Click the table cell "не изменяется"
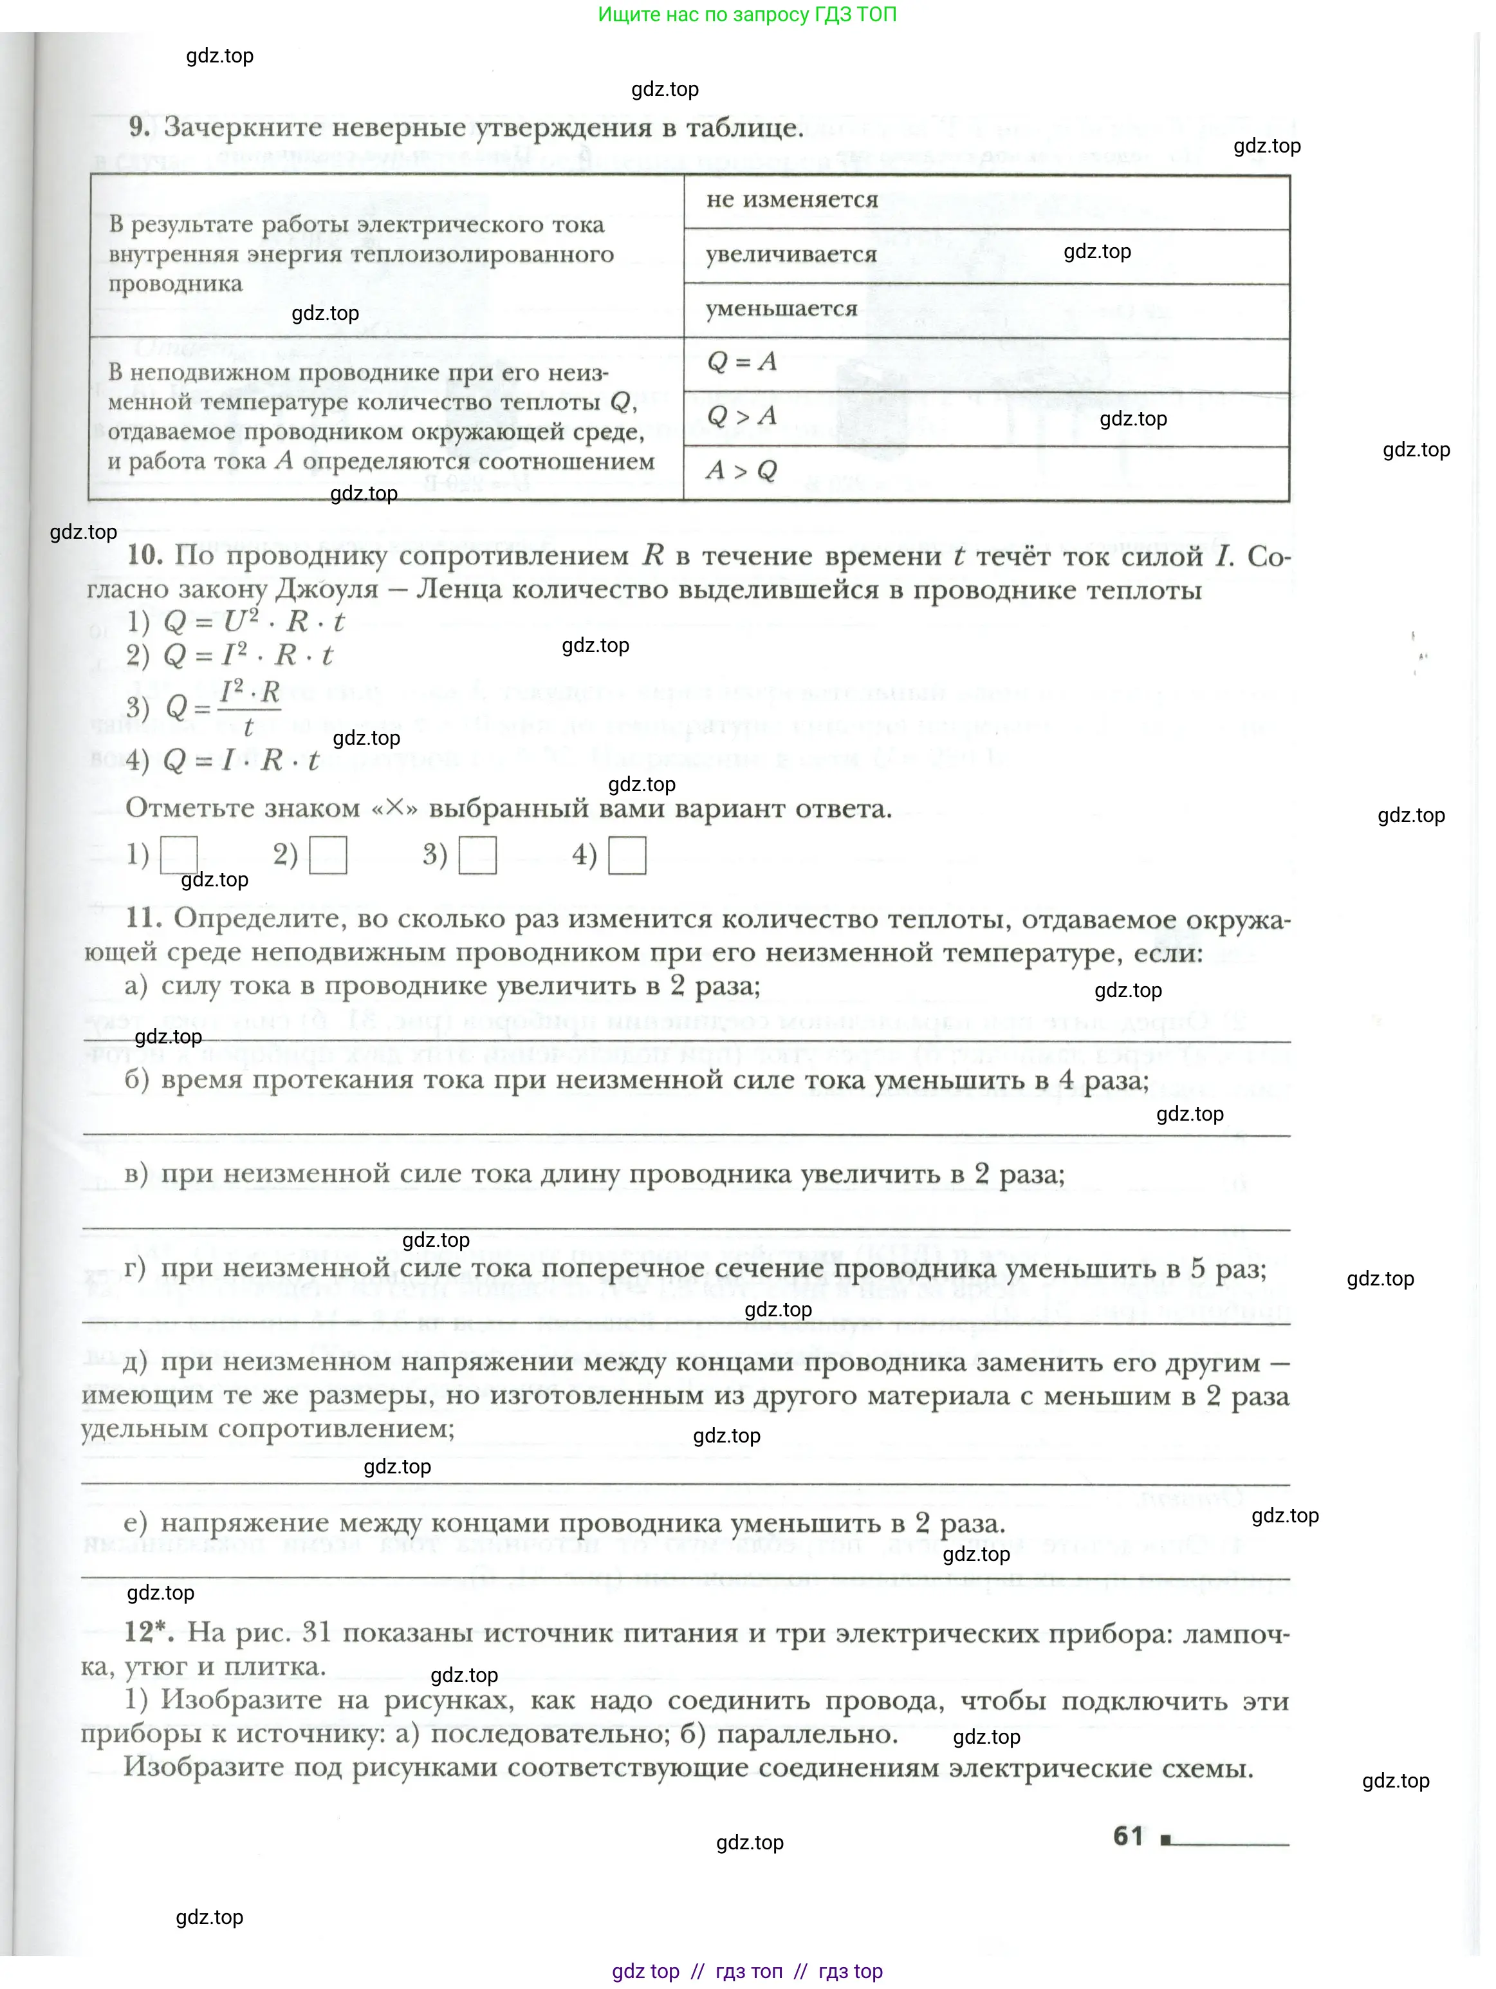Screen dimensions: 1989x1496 pos(986,201)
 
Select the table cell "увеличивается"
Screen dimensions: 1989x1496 pos(986,256)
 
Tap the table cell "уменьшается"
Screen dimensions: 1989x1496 pos(986,310)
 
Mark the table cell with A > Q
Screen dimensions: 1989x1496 pos(986,472)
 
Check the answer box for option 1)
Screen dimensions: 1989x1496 pos(178,855)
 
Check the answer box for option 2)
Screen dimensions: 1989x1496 pos(328,855)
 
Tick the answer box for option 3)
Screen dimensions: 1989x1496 pos(477,855)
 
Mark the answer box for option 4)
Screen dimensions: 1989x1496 pos(627,855)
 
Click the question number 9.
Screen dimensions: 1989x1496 pos(140,127)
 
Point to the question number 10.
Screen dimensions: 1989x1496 pos(144,555)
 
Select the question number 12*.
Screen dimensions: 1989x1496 pos(147,1633)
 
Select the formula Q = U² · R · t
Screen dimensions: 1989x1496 pos(254,621)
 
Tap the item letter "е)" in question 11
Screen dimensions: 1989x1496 pos(135,1522)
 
